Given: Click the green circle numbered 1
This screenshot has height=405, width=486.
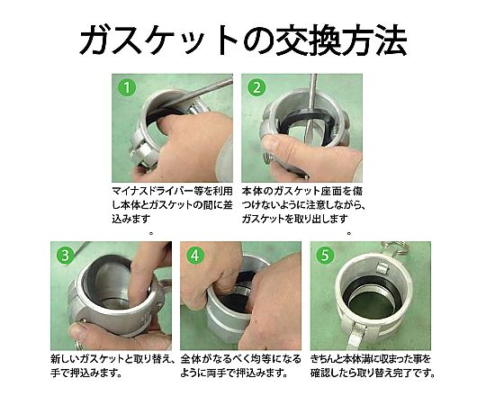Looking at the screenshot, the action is pyautogui.click(x=127, y=87).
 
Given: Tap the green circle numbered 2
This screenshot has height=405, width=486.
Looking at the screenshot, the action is pyautogui.click(x=256, y=87).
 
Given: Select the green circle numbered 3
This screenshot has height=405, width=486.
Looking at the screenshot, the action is pyautogui.click(x=65, y=256).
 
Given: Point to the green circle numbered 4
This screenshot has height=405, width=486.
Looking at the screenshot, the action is pyautogui.click(x=195, y=256).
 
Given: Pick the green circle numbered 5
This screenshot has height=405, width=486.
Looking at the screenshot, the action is pyautogui.click(x=325, y=256).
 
